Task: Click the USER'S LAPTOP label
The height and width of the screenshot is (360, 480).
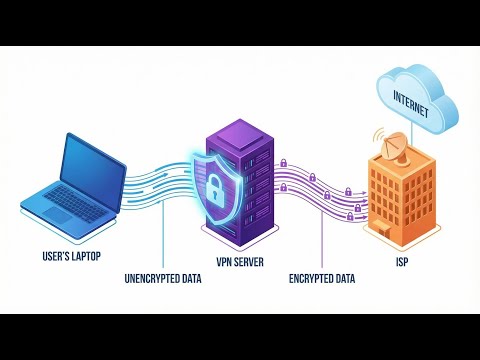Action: click(x=71, y=256)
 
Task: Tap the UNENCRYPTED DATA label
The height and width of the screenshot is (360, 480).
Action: click(x=163, y=278)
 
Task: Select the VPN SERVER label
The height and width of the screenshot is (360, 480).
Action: click(x=240, y=262)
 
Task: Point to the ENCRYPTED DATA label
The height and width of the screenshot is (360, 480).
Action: click(x=322, y=278)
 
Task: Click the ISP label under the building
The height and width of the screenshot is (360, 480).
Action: click(x=402, y=262)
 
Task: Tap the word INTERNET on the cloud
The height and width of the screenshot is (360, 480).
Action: click(x=411, y=104)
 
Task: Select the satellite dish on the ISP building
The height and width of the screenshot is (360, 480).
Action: click(x=395, y=148)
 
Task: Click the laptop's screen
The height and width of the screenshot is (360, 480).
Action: click(x=93, y=172)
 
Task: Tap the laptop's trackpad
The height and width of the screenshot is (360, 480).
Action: click(x=58, y=214)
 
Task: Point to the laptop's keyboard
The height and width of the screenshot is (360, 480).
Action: click(x=75, y=204)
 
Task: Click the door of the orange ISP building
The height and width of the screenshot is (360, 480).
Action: click(x=382, y=229)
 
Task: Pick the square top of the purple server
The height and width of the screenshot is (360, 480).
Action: click(x=240, y=135)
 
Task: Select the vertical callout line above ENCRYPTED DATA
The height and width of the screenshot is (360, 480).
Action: click(x=322, y=239)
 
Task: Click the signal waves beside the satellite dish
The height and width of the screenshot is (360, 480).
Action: click(x=378, y=134)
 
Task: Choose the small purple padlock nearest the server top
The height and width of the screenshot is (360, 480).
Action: click(x=283, y=163)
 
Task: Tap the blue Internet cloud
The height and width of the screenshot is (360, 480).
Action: click(x=417, y=99)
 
